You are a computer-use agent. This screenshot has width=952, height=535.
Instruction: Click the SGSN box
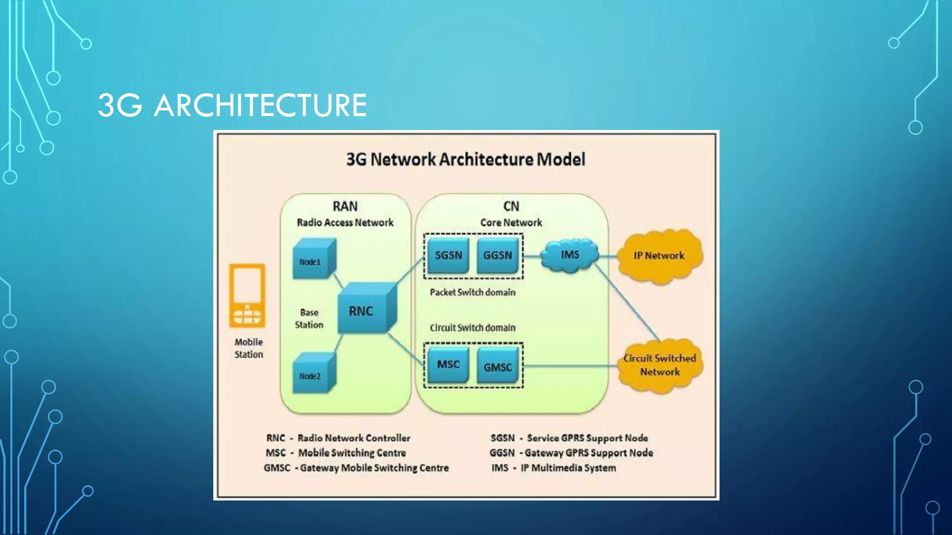click(x=448, y=255)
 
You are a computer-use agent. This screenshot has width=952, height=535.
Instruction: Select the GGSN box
click(x=497, y=255)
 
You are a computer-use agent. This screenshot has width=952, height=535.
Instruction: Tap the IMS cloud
click(x=570, y=255)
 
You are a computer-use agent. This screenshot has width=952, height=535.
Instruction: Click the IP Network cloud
click(x=659, y=256)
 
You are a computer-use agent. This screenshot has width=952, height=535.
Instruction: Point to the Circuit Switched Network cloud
click(x=660, y=365)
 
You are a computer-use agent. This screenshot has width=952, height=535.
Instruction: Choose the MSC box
click(x=448, y=365)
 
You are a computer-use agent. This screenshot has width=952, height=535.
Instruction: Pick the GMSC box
click(x=497, y=367)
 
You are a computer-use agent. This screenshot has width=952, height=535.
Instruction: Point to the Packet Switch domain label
click(x=472, y=292)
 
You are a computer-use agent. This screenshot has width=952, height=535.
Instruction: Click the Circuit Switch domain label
click(x=472, y=328)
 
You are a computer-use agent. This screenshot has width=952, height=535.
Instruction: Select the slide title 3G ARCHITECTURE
click(x=232, y=105)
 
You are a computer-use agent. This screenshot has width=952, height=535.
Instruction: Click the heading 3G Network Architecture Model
click(x=465, y=159)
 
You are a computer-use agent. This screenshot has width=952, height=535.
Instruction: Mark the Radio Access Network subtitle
click(x=345, y=222)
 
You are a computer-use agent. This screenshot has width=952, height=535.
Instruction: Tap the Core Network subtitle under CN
click(x=511, y=222)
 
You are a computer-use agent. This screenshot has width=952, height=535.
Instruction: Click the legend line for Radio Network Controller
click(x=338, y=438)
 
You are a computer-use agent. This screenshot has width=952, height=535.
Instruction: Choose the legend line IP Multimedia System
click(x=553, y=468)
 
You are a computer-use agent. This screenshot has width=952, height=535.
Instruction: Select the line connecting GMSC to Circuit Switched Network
click(x=571, y=366)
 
